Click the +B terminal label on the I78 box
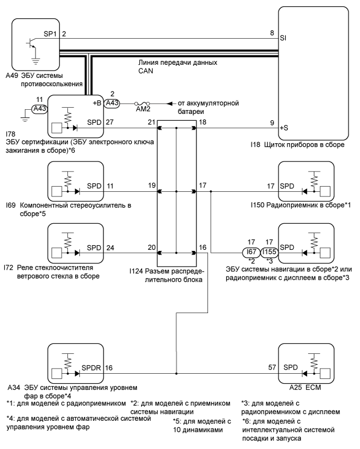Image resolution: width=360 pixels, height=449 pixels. tap(96, 103)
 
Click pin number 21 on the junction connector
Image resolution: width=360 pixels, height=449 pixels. tap(151, 123)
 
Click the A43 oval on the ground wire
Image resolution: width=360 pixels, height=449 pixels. tap(38, 109)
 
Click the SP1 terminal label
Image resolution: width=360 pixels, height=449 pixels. tap(50, 33)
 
